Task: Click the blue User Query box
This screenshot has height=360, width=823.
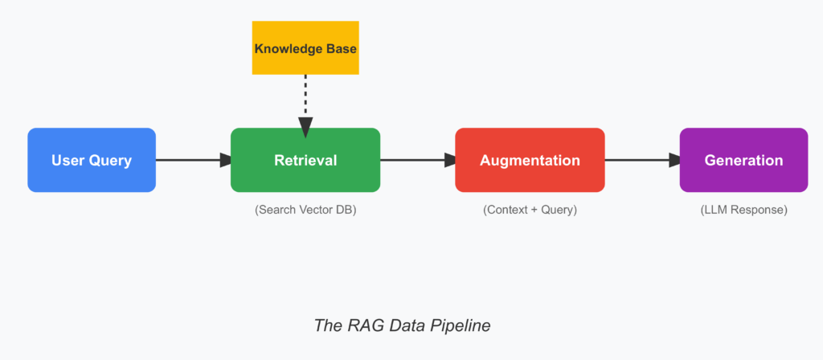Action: pos(92,160)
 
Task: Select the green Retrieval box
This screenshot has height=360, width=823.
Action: pos(305,160)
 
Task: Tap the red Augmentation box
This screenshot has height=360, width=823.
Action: pos(530,160)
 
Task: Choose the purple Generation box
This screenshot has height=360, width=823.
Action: pos(743,160)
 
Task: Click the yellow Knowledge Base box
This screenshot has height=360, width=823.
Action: pos(305,48)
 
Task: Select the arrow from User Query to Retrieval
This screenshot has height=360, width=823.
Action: pos(193,160)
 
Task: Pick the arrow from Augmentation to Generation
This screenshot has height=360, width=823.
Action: pos(642,160)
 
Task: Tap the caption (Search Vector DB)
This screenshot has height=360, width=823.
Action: pos(305,210)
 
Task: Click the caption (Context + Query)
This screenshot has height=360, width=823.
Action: pos(530,210)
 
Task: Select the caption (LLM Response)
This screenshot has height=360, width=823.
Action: pos(743,210)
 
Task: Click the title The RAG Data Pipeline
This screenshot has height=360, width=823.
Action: pos(401,325)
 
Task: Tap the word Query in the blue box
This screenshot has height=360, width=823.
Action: pos(112,160)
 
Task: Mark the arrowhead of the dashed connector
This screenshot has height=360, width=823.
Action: pos(305,126)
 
